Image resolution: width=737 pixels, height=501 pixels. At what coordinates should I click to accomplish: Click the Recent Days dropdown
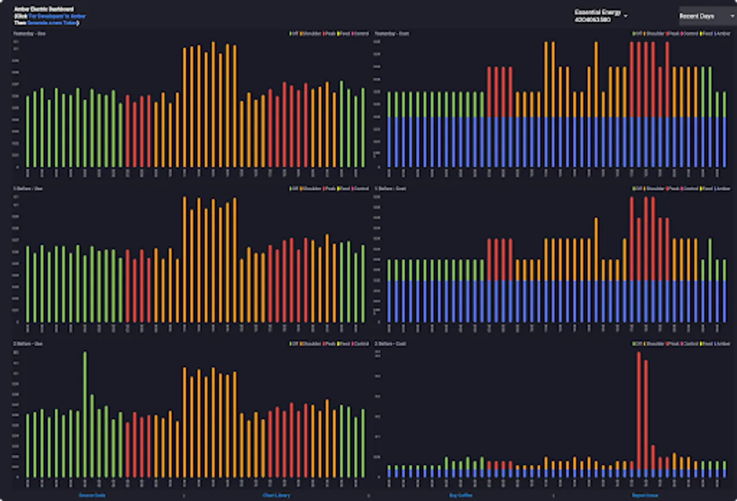point(706,16)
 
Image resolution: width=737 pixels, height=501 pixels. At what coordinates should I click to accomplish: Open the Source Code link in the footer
point(92,495)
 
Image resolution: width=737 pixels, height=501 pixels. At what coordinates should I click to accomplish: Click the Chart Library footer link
point(276,495)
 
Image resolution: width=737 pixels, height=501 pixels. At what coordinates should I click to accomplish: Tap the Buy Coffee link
point(461,495)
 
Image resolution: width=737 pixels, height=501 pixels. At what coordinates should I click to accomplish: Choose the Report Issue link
point(645,495)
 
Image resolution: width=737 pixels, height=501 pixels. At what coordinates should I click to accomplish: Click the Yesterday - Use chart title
point(30,34)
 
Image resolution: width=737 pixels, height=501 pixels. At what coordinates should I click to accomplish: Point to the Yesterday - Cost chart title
point(392,34)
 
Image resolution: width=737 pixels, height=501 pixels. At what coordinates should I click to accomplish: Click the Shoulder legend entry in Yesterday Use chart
point(312,34)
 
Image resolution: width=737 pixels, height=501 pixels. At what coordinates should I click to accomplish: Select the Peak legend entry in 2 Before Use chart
point(330,344)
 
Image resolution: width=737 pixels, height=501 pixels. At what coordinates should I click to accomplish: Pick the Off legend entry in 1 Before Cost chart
point(637,189)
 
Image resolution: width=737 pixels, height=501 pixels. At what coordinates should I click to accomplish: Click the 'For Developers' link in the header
point(57,17)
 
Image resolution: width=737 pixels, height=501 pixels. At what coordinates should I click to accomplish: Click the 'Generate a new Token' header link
point(52,23)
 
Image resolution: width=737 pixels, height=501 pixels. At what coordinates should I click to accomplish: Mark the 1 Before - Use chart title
point(28,189)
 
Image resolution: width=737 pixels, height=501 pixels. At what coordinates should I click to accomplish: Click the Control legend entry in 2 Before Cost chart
point(690,344)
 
